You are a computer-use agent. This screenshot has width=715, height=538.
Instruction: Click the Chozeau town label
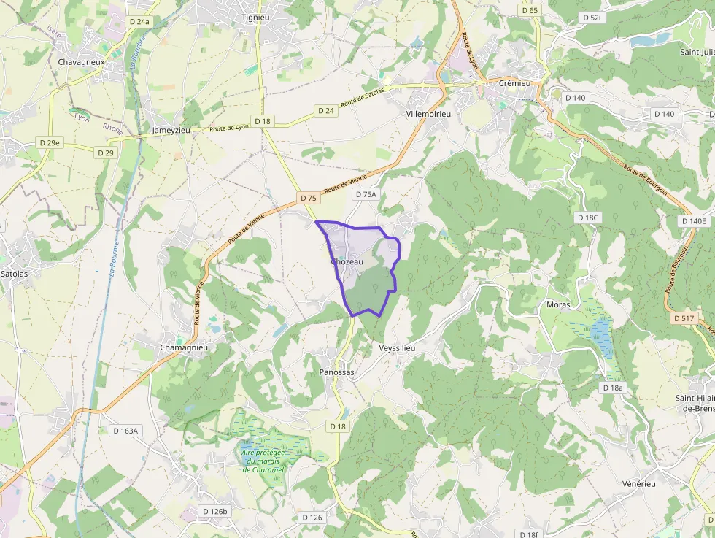347,261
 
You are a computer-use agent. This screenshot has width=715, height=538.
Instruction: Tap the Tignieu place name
257,16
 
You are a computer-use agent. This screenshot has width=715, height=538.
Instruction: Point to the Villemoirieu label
429,115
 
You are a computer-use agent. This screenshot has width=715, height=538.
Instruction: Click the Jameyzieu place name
171,130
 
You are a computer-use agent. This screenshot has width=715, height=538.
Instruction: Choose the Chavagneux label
82,62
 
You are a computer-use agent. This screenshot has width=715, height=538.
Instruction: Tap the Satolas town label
15,274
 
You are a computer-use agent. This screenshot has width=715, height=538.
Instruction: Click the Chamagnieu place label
184,347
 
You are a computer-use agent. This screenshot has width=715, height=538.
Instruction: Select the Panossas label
336,372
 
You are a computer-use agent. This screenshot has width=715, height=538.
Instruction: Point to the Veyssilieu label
397,348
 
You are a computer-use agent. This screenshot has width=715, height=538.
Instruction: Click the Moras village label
558,304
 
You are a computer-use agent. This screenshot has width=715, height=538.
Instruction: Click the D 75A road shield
365,194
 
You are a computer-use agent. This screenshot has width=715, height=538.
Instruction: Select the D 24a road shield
139,22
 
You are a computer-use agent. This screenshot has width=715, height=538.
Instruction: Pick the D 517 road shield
684,318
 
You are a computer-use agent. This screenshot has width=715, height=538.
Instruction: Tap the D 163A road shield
125,431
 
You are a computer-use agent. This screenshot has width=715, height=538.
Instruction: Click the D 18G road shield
587,218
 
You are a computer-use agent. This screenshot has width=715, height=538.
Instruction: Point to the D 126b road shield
215,511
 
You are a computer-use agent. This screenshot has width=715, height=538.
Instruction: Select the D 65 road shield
530,10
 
